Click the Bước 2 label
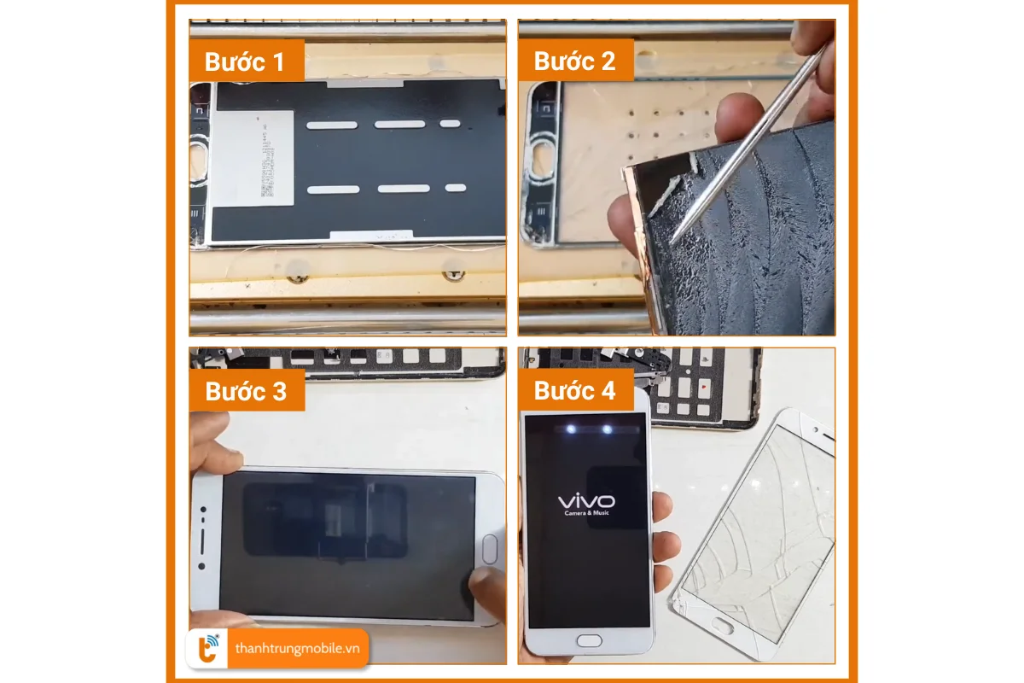575,61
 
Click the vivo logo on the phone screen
585,501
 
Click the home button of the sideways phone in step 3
490,548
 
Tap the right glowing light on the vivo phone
606,429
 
